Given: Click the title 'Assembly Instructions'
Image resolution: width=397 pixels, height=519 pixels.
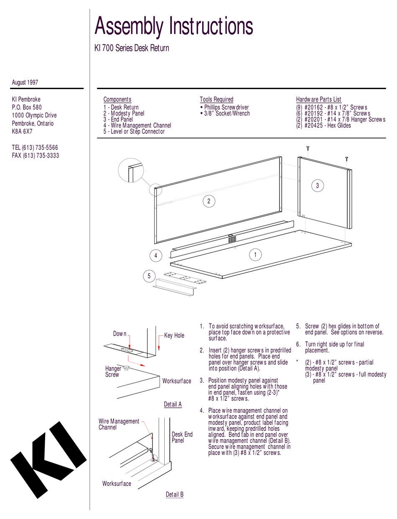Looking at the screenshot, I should [174, 26].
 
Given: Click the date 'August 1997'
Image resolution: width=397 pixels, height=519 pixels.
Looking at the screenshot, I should [25, 82].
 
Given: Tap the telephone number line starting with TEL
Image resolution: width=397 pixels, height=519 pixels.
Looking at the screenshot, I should [35, 148].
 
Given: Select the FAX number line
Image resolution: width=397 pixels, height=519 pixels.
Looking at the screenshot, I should [35, 156].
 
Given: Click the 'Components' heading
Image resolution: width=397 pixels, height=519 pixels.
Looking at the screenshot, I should [117, 100].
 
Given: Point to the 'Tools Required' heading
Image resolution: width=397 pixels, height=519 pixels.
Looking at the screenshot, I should [216, 100].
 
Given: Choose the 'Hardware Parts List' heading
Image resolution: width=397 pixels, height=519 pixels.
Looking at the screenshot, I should [318, 100].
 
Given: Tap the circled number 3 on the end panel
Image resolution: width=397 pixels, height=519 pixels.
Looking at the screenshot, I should [318, 186].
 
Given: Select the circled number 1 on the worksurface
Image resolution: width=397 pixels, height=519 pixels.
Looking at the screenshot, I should [255, 254].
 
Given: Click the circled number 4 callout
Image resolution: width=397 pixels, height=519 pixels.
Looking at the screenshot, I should [156, 255].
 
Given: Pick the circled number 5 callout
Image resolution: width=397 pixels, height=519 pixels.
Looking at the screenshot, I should [149, 276].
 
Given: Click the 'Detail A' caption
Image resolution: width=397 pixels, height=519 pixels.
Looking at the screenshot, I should [173, 404].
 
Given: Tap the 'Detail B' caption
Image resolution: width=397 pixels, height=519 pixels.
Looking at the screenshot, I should [175, 494].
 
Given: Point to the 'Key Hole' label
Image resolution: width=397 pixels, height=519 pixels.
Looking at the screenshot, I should [174, 335].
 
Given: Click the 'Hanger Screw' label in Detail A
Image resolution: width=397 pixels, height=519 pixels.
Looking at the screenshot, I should [113, 371].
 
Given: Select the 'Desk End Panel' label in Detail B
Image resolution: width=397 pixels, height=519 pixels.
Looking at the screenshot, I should [182, 437].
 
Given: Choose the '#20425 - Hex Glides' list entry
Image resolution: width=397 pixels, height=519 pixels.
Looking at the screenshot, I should [323, 125].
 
